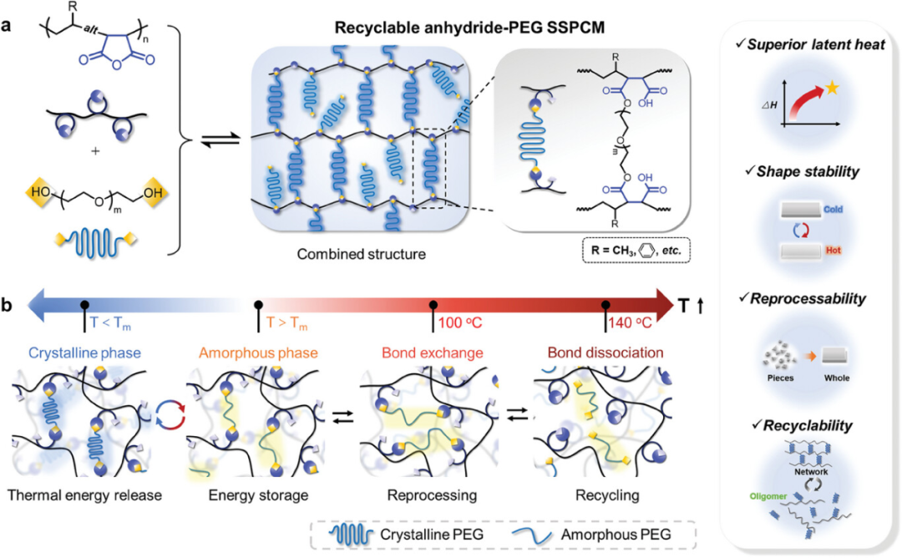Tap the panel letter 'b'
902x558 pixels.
pos(8,306)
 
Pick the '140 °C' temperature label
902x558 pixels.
pos(631,322)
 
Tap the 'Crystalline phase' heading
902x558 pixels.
pos(75,353)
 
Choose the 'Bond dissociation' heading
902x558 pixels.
pos(605,353)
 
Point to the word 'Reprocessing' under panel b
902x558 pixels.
pos(432,495)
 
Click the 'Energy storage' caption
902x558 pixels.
pos(258,495)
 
